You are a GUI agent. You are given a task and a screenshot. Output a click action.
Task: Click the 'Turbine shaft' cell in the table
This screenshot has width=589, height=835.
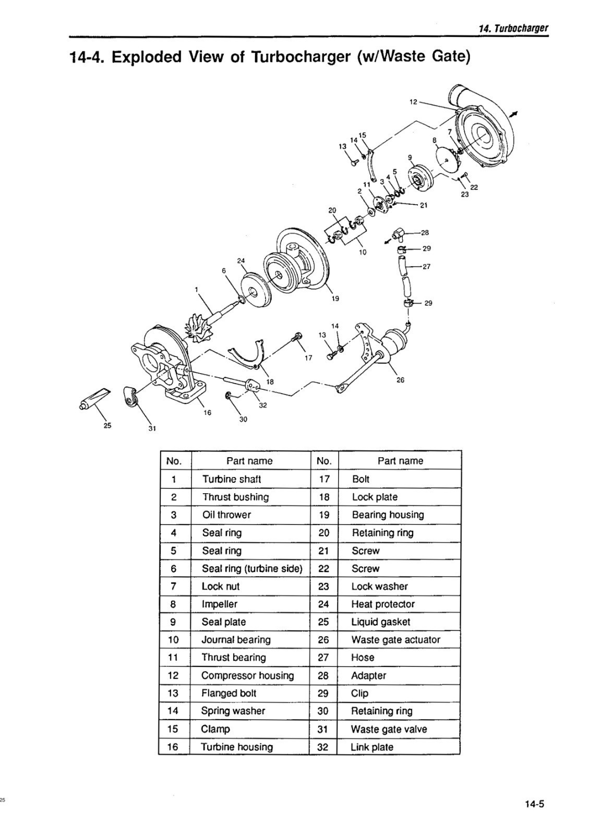tap(231, 479)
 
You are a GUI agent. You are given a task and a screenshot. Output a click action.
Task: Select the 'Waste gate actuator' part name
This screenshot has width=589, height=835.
tap(395, 640)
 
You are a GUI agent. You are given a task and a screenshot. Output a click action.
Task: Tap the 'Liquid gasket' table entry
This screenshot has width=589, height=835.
tap(380, 622)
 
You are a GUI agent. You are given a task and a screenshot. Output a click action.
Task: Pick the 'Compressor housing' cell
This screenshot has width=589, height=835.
tap(247, 675)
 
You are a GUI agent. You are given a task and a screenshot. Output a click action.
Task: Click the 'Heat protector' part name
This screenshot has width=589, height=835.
tap(382, 604)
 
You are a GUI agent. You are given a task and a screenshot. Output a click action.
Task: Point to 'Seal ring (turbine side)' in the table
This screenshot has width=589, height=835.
tap(252, 569)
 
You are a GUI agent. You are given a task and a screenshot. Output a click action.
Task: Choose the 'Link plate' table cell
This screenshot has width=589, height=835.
tap(371, 747)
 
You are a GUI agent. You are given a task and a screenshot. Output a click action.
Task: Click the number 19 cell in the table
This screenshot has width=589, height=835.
tap(324, 515)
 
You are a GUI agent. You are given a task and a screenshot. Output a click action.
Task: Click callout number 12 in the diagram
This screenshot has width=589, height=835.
tap(413, 102)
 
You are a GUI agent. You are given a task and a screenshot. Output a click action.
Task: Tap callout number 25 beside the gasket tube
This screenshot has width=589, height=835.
tap(107, 425)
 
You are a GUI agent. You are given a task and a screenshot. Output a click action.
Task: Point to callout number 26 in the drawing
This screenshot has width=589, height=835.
tap(400, 380)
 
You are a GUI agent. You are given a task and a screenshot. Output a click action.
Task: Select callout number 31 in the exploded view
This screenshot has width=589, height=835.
tap(152, 429)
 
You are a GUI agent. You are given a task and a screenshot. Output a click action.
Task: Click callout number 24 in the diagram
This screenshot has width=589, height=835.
tap(241, 260)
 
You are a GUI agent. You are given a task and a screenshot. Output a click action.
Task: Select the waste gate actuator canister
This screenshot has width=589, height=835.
tap(393, 342)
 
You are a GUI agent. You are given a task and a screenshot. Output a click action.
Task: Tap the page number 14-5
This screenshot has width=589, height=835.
tap(534, 804)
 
